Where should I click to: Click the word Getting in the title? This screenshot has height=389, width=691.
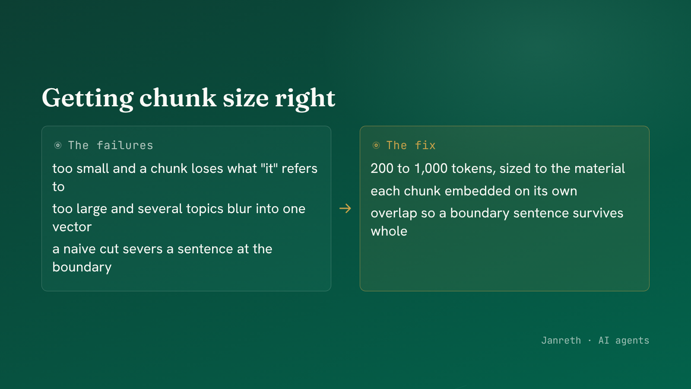coord(88,98)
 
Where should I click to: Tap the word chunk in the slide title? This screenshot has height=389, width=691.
coord(178,98)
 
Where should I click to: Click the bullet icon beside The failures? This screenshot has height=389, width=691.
coord(58,145)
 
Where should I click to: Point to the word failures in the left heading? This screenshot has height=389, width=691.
coord(125,145)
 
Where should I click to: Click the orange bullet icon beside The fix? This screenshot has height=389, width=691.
coord(376,145)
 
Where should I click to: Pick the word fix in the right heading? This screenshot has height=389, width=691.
coord(425,145)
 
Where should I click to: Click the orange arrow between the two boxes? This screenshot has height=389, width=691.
coord(345,208)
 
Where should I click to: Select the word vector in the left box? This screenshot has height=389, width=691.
coord(72,227)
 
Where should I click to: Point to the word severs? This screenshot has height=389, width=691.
coord(143,249)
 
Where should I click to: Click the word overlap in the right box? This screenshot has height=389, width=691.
coord(392,214)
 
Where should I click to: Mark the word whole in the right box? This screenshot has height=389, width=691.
coord(389,231)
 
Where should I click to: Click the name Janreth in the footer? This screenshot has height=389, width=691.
coord(561,341)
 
